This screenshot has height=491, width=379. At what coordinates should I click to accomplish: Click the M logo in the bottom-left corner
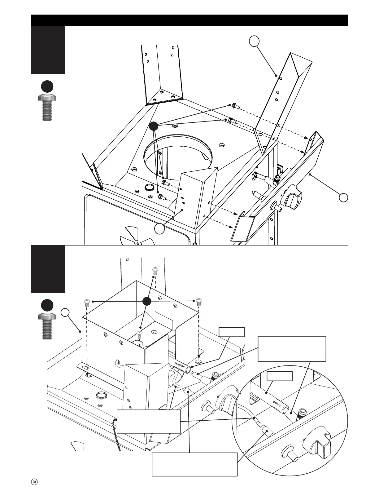[34, 482]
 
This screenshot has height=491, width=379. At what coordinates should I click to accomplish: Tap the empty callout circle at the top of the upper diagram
[254, 41]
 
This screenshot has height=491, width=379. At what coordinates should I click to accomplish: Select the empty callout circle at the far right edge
[343, 197]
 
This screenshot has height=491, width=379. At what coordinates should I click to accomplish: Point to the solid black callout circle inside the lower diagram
[146, 301]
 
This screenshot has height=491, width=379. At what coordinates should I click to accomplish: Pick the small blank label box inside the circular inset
[280, 376]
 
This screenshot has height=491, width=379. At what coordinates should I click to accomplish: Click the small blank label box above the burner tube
[232, 332]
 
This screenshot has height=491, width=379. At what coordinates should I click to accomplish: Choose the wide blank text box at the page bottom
[194, 464]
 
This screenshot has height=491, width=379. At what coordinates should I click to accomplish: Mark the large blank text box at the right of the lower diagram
[292, 349]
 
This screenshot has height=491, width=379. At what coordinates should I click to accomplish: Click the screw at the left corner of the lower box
[87, 303]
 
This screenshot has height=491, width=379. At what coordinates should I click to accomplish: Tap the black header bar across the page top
[189, 20]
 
